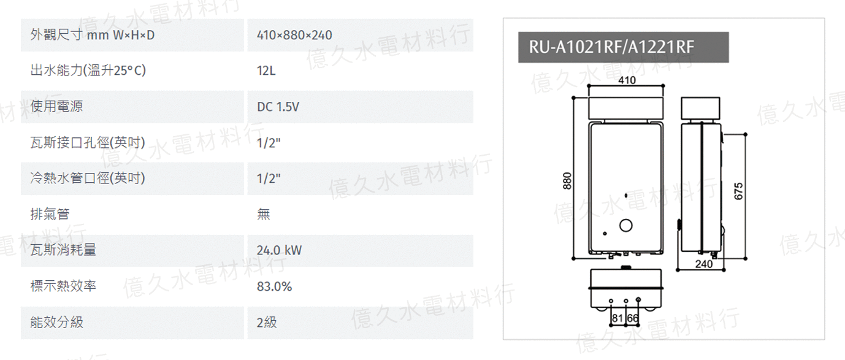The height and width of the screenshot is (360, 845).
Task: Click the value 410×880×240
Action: click(294, 35)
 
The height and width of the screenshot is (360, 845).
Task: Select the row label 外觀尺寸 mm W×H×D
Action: click(93, 35)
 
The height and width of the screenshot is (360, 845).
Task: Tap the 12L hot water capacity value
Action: click(266, 71)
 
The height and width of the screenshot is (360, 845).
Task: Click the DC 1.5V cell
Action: click(278, 107)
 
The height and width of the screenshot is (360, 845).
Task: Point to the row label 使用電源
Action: click(56, 107)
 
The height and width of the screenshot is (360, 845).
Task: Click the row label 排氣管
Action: click(50, 214)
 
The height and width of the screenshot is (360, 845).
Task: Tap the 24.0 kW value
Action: click(279, 250)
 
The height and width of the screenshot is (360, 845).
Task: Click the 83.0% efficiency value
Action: click(274, 286)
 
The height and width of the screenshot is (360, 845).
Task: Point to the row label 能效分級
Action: click(56, 322)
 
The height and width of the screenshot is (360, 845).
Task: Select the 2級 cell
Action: click(267, 322)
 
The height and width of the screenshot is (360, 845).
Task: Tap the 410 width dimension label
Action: click(627, 80)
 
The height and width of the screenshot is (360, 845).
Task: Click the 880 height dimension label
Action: click(567, 182)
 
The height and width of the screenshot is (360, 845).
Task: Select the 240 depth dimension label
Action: click(705, 264)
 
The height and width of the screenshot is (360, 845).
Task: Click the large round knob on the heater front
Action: click(625, 226)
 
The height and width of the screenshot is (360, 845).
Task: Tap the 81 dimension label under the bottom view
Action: click(617, 318)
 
